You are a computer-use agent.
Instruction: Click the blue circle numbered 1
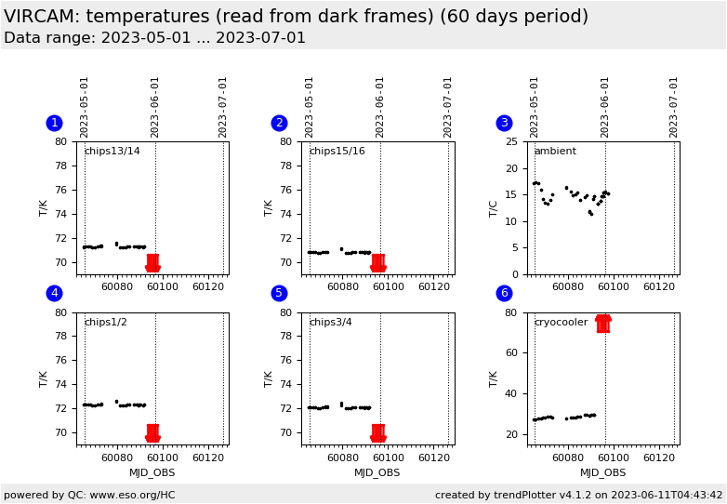(54, 123)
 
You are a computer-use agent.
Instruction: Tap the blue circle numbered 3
(504, 123)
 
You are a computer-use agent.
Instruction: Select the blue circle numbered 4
(54, 293)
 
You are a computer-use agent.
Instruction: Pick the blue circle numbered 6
(504, 293)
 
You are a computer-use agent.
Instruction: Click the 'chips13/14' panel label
(112, 152)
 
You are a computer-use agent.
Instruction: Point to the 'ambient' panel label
(555, 152)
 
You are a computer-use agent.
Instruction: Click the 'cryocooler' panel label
(561, 323)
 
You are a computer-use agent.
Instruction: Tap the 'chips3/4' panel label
(330, 323)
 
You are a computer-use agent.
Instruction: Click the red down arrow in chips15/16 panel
(377, 264)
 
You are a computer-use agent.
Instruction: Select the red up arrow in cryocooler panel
(602, 323)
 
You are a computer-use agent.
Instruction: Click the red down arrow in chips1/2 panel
(152, 433)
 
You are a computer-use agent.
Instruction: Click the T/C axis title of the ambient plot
(494, 207)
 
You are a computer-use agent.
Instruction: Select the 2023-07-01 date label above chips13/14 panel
(223, 107)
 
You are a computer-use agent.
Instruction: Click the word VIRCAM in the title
(41, 16)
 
